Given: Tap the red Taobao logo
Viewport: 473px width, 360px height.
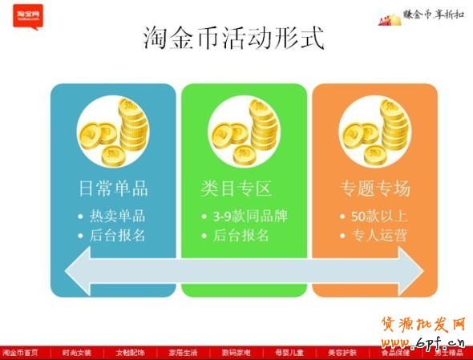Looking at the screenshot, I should click(x=28, y=15).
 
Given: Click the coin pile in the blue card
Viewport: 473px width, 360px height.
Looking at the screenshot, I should click(x=113, y=131).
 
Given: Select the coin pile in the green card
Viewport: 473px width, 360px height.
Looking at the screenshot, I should click(x=245, y=131).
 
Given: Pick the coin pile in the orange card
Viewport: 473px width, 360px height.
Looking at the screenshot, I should click(x=375, y=131).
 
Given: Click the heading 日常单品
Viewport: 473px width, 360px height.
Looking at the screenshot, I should click(x=113, y=189).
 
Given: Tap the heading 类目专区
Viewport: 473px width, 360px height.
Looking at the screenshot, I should click(x=236, y=189).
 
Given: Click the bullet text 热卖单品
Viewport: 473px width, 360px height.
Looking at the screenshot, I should click(x=117, y=216).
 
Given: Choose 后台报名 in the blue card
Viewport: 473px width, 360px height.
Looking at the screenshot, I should click(x=117, y=235).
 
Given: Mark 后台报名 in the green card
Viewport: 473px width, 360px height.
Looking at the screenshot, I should click(x=241, y=235).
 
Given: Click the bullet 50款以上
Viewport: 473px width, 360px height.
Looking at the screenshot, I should click(x=379, y=216).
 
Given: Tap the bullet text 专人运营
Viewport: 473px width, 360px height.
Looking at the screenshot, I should click(x=379, y=235).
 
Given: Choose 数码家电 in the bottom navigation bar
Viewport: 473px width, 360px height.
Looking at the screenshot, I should click(x=236, y=353).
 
